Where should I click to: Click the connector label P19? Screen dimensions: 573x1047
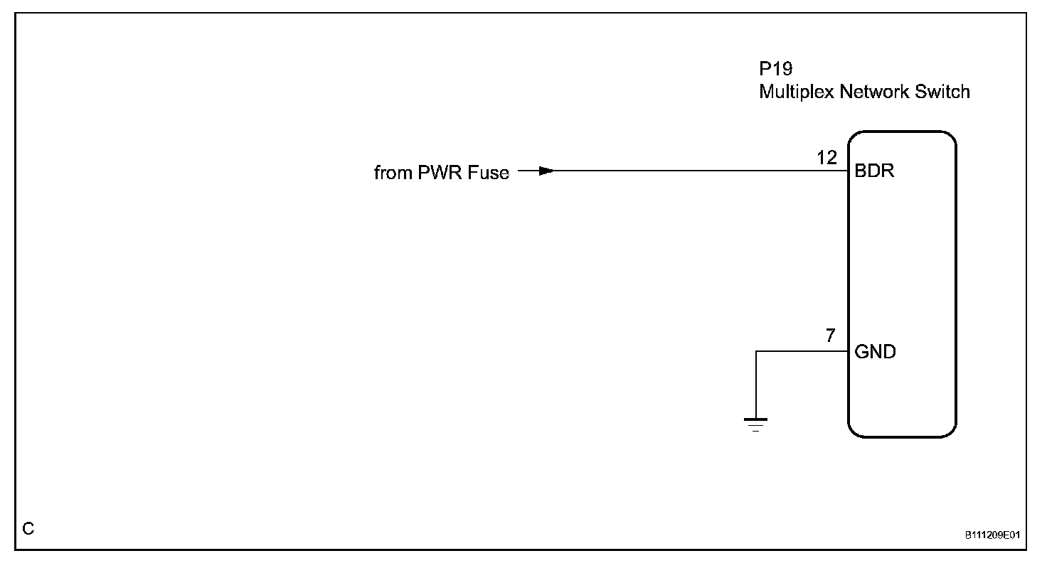coord(776,70)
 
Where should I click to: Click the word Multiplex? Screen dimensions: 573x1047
coord(796,92)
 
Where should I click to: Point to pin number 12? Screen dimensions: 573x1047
coord(827,158)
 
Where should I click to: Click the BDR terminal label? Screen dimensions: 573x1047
coord(874,171)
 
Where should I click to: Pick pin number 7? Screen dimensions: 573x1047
coord(831,336)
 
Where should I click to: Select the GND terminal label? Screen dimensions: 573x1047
coord(875,352)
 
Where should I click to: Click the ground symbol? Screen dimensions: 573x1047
coord(755,424)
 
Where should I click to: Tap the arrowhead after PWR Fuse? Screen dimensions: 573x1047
coord(546,171)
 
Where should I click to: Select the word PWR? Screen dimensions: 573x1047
coord(441,173)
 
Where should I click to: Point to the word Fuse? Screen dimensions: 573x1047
coord(489,173)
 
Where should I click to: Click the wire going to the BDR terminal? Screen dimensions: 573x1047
coord(697,171)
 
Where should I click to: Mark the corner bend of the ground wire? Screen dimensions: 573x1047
coord(756,351)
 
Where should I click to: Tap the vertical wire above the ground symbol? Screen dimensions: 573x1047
coord(756,384)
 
